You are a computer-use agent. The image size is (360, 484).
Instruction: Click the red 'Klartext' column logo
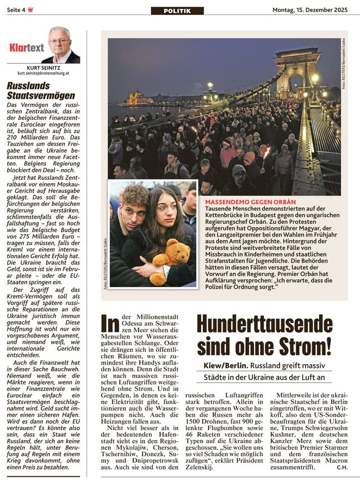pos(26,48)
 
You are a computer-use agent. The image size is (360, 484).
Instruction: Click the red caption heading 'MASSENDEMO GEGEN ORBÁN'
pos(250,201)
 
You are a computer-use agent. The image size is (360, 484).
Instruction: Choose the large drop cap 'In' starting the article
pos(110,322)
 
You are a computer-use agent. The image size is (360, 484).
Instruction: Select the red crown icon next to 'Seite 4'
pos(30,9)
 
